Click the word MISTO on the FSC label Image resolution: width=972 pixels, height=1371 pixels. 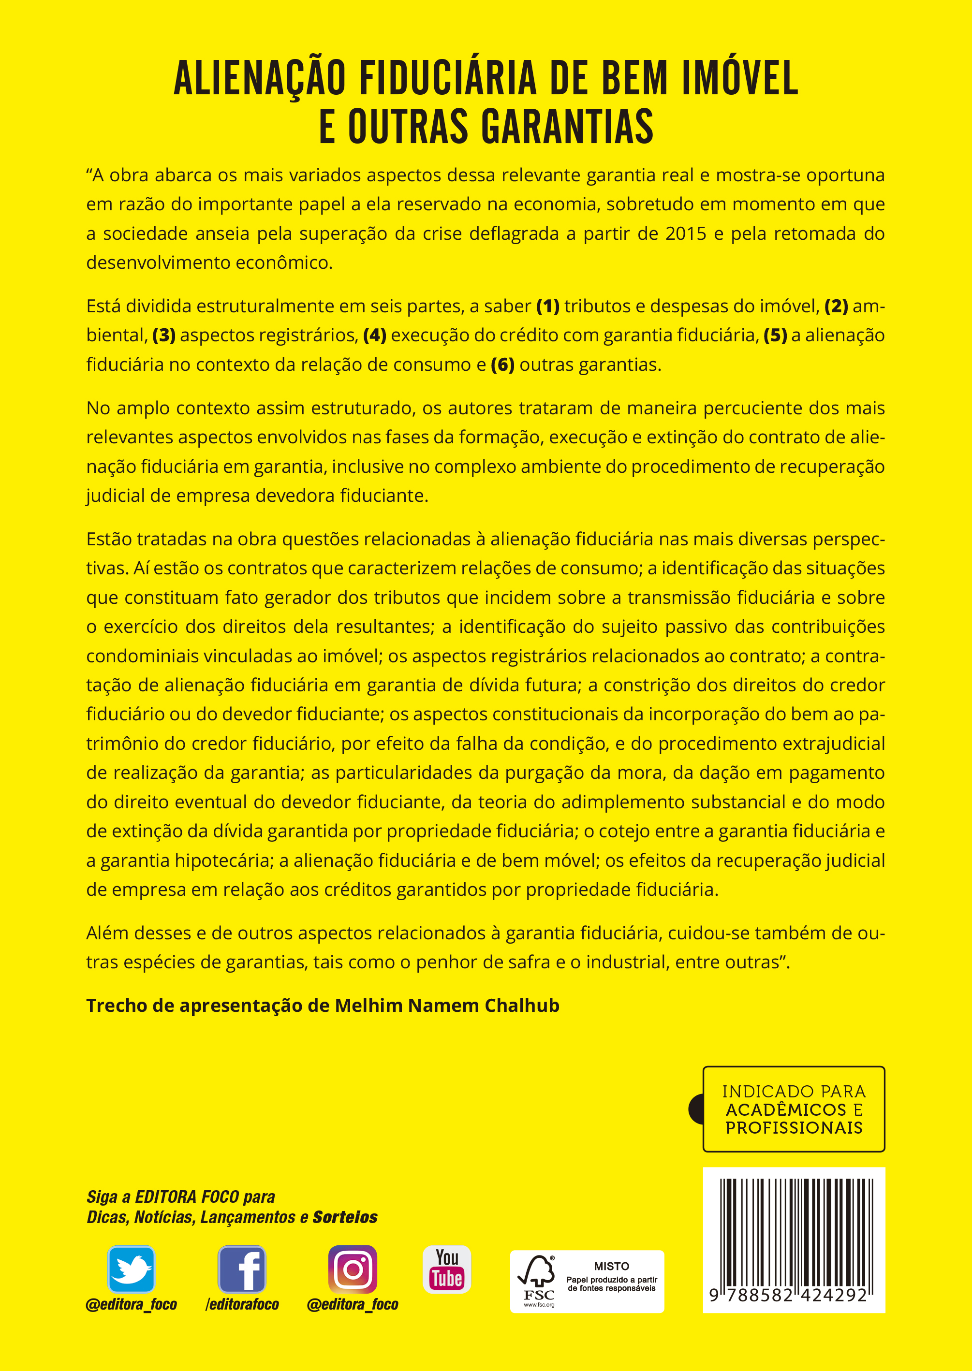[611, 1266]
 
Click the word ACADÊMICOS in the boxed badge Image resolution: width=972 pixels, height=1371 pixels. [786, 1109]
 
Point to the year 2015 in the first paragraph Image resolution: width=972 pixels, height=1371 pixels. [686, 233]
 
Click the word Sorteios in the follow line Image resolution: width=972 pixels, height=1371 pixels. [345, 1217]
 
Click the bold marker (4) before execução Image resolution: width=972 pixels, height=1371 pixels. [375, 335]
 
